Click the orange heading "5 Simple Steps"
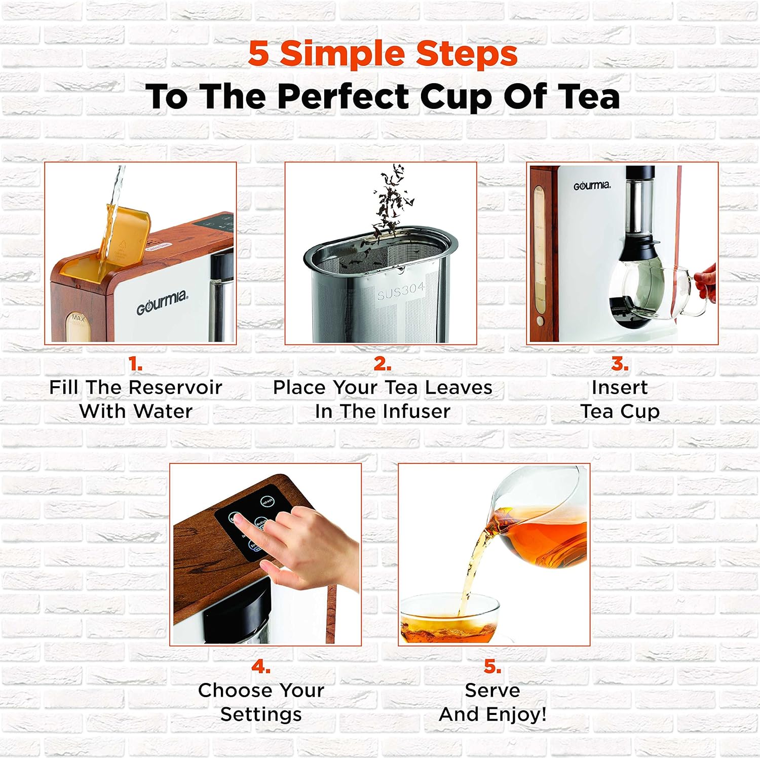pyautogui.click(x=383, y=54)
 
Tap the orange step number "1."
pyautogui.click(x=135, y=363)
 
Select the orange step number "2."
pyautogui.click(x=382, y=363)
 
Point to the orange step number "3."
pyautogui.click(x=620, y=363)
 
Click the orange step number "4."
pyautogui.click(x=261, y=666)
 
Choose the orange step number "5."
pyautogui.click(x=492, y=666)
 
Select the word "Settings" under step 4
pyautogui.click(x=261, y=714)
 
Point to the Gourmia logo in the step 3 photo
pyautogui.click(x=592, y=186)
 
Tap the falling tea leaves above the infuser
pyautogui.click(x=393, y=200)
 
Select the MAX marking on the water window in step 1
pyautogui.click(x=78, y=318)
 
